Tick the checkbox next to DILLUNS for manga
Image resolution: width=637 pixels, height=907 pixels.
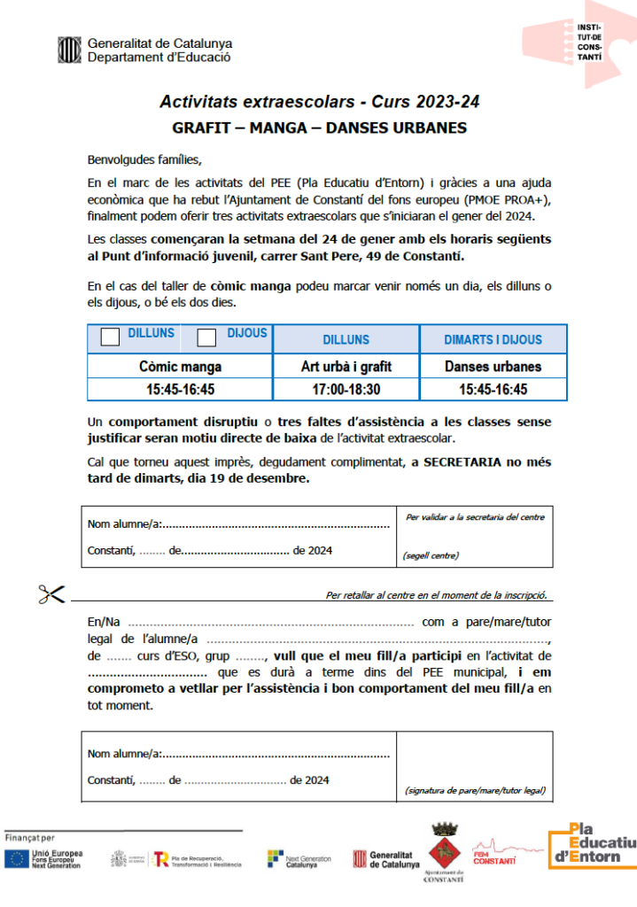pos(112,337)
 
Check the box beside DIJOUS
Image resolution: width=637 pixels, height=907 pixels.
pos(206,337)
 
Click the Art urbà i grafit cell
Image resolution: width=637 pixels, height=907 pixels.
pos(346,366)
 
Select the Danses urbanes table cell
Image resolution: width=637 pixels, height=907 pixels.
pos(493,366)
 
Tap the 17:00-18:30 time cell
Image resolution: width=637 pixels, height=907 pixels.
pos(346,389)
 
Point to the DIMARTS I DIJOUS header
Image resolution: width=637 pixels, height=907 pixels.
pos(493,339)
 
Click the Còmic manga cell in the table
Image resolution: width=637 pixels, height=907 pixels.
pos(181,366)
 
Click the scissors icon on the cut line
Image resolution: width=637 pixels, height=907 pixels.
pos(53,594)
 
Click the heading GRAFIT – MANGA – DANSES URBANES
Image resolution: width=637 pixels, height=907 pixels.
pos(319,128)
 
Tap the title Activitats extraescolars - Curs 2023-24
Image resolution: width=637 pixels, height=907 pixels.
pos(319,102)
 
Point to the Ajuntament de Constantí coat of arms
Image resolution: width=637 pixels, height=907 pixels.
pos(445,849)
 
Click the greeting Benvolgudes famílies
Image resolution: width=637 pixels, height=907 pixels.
pos(144,160)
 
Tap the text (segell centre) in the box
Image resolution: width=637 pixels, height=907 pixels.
pos(431,556)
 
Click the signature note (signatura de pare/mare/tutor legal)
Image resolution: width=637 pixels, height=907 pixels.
pos(474,790)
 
